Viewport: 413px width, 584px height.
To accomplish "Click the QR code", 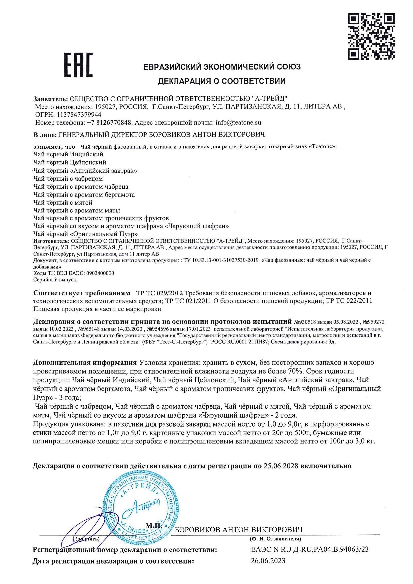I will (371, 36).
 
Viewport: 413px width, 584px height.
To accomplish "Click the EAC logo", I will (78, 65).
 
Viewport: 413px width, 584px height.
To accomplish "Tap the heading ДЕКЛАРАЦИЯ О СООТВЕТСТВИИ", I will (221, 81).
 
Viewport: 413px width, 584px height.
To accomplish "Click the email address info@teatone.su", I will (238, 122).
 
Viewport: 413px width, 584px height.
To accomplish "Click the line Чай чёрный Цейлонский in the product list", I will (70, 162).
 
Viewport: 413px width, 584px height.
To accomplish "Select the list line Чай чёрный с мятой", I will (63, 202).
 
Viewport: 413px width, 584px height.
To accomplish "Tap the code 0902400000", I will (100, 273).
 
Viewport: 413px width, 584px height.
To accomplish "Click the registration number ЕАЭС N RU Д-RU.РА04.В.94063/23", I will (309, 549).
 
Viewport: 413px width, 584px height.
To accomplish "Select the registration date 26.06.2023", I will (268, 561).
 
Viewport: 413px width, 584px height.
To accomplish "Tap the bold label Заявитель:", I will (50, 99).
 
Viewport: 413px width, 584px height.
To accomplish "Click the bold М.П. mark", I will (154, 526).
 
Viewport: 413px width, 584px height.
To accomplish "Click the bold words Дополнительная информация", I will (85, 362).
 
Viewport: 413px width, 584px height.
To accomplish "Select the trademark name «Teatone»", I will (323, 146).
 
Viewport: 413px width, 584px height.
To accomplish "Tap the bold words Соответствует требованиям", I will (82, 293).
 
